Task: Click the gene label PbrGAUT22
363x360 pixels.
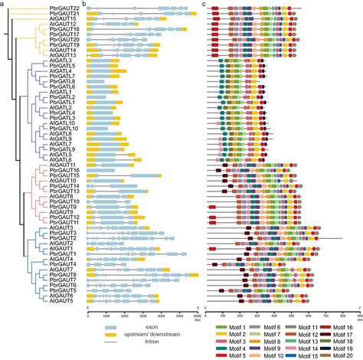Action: tap(60, 8)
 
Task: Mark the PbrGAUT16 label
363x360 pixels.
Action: tap(60, 169)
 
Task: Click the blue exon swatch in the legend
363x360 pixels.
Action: tap(113, 326)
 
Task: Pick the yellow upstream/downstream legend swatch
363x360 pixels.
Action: tap(113, 335)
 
